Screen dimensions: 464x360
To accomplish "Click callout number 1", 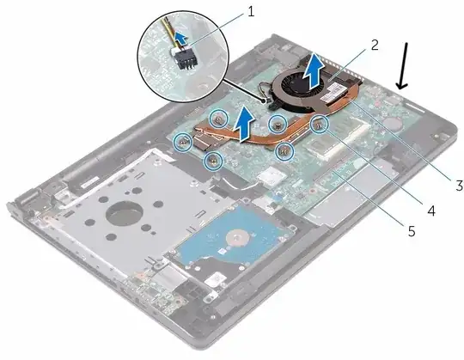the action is coord(251,12).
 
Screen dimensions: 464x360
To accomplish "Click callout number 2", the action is coord(375,46).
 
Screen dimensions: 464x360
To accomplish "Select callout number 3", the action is coord(459,186).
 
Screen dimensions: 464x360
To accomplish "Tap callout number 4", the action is coord(430,211).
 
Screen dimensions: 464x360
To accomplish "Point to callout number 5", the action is coord(412,231).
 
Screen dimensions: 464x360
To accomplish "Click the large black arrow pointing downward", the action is coord(403,65).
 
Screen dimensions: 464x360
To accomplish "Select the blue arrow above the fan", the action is coord(315,70).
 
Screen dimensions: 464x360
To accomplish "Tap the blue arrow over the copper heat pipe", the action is coord(243,124).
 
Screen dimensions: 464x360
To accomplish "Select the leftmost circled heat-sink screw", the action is coord(183,142).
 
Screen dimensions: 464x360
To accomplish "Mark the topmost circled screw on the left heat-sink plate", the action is coord(219,119).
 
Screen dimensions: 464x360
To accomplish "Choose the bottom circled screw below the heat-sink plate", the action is coord(213,161).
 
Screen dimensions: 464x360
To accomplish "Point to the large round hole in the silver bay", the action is coord(125,212).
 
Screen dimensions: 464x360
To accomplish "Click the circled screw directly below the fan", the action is coord(278,125).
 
